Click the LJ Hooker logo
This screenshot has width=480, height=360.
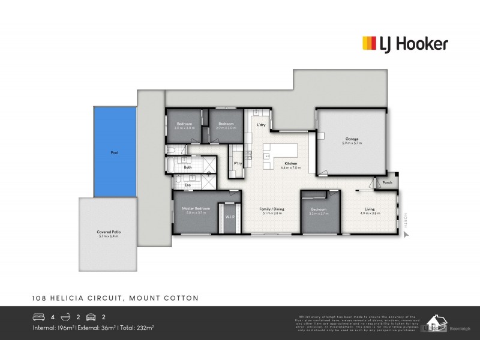point(404,43)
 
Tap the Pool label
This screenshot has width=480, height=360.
point(114,152)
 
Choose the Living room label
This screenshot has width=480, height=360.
point(370,210)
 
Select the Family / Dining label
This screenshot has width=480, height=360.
point(271,209)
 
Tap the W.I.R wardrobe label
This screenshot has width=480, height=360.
point(229,217)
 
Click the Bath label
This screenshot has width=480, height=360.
point(187,167)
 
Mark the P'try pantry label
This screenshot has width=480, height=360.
point(238,163)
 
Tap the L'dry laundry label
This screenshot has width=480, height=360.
point(261,125)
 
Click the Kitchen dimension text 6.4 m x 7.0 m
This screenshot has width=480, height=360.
point(291,168)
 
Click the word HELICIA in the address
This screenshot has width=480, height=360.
point(73,297)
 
